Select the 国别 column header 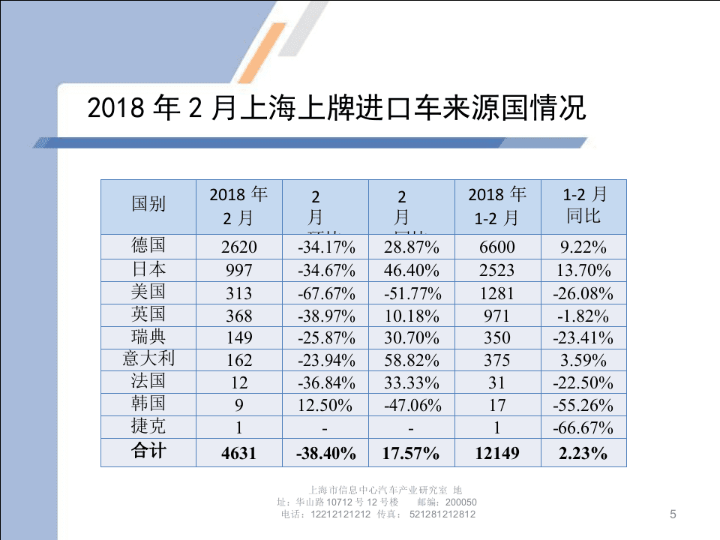coord(148,204)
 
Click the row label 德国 coord(148,246)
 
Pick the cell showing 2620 coord(239,247)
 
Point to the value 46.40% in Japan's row coord(412,270)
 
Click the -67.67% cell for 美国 coord(325,292)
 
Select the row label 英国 coord(148,314)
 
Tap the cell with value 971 coord(497,315)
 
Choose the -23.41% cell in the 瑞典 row coord(583,337)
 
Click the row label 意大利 coord(148,359)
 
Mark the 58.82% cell coord(412,360)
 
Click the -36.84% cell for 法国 coord(325,382)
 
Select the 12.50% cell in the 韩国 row coord(325,405)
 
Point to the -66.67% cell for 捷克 coord(583,427)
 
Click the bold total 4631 coord(239,452)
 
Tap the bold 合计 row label coord(148,451)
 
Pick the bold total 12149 coord(497,452)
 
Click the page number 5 coord(673,514)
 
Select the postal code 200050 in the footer coord(461,502)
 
